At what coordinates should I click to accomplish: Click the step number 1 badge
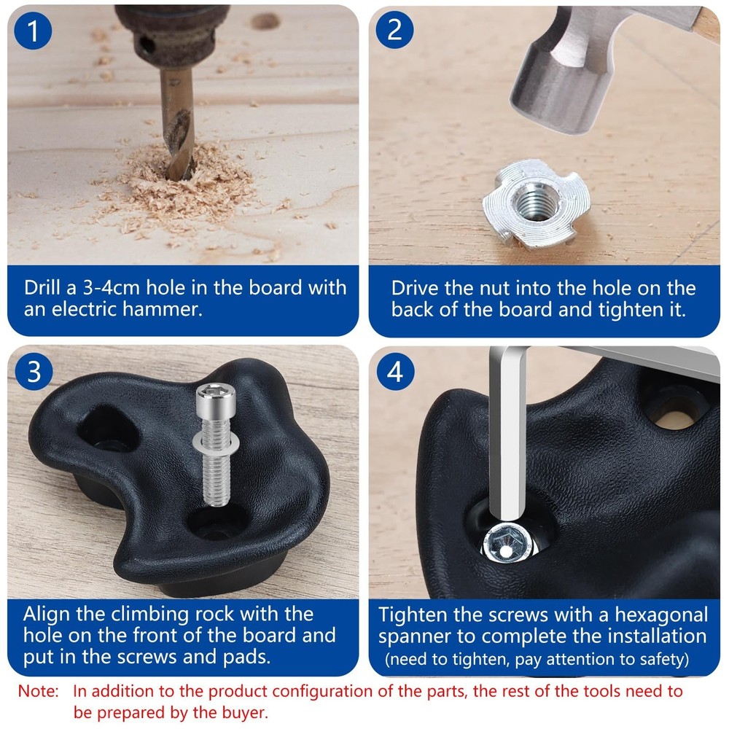tap(33, 31)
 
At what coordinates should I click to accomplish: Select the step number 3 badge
tap(34, 372)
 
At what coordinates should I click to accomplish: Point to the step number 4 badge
tap(395, 372)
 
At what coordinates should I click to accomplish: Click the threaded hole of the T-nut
tap(534, 201)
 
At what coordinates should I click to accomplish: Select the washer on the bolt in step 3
tap(217, 443)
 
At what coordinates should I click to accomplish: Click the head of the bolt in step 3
tap(216, 402)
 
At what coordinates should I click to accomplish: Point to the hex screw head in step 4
tap(507, 544)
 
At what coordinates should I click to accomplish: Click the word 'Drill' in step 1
tap(42, 287)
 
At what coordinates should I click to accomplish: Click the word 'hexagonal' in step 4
tap(662, 615)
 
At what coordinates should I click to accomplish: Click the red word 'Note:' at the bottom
tap(39, 691)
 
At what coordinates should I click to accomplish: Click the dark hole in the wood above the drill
tap(265, 21)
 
